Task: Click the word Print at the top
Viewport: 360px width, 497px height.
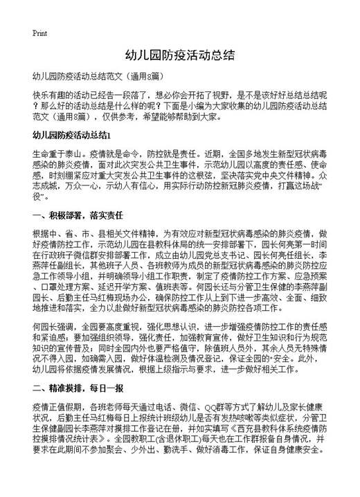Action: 39,33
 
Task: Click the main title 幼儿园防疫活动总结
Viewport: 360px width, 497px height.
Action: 180,55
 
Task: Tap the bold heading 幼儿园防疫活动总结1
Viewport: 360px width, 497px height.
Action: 72,134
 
